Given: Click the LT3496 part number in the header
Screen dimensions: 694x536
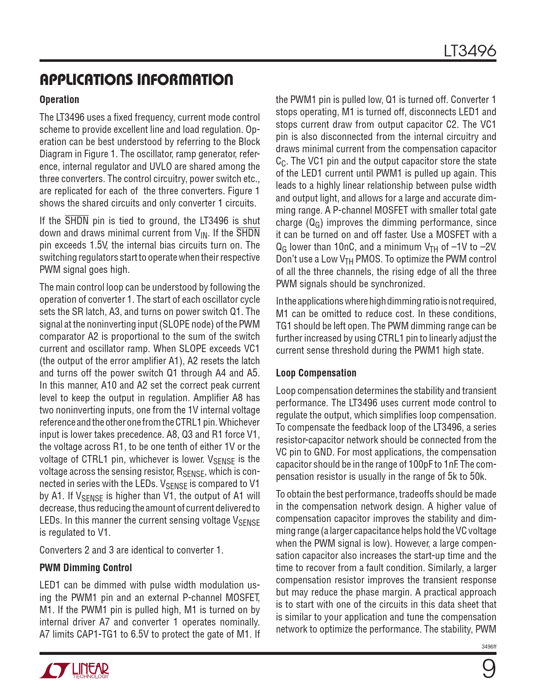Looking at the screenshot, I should tap(470, 51).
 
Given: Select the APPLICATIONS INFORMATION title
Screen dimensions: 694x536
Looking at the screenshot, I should tap(136, 79).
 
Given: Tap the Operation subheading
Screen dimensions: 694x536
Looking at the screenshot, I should tap(59, 100).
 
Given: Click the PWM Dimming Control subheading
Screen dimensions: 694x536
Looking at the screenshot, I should tap(86, 568).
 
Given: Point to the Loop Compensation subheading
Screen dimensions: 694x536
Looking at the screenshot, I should tap(316, 373).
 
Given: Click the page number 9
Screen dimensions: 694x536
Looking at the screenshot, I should tap(488, 669).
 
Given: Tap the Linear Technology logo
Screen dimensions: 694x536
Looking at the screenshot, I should tap(74, 670).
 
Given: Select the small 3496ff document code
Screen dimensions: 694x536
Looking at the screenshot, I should tap(488, 647).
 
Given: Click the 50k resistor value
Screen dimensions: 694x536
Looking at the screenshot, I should tap(476, 477).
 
